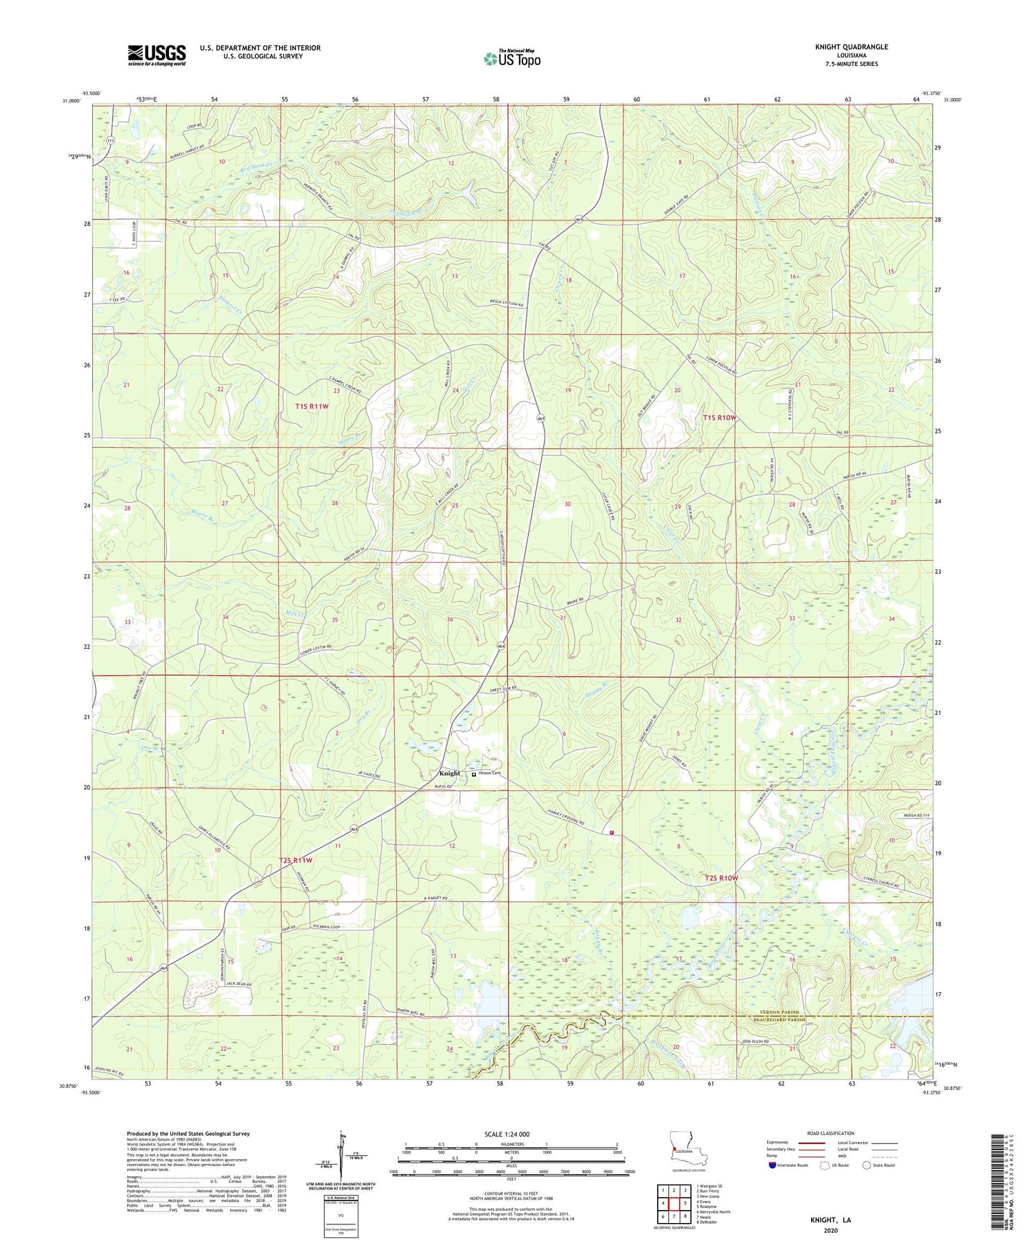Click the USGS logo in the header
[x=157, y=55]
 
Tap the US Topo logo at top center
[x=512, y=58]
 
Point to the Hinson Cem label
[x=490, y=773]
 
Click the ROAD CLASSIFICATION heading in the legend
[x=831, y=1133]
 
